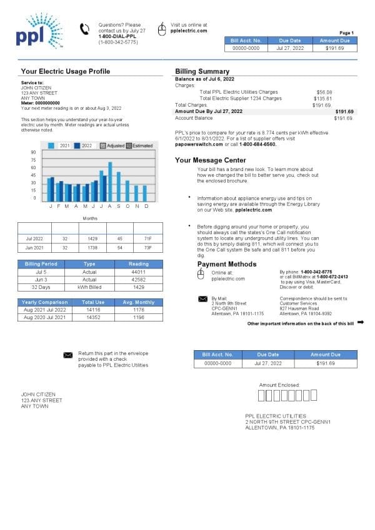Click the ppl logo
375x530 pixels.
[38, 35]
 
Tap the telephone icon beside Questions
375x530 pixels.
[85, 29]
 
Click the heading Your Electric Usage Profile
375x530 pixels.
[66, 71]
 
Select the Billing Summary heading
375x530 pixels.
[202, 71]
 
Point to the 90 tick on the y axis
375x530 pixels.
[32, 152]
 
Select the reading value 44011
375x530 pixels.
[138, 272]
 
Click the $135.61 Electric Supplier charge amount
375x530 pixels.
[322, 98]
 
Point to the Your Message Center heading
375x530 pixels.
[214, 160]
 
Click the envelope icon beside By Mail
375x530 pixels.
[202, 299]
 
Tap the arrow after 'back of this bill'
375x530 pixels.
[360, 323]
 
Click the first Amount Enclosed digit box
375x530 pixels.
[261, 395]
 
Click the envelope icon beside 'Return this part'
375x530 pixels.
[67, 355]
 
